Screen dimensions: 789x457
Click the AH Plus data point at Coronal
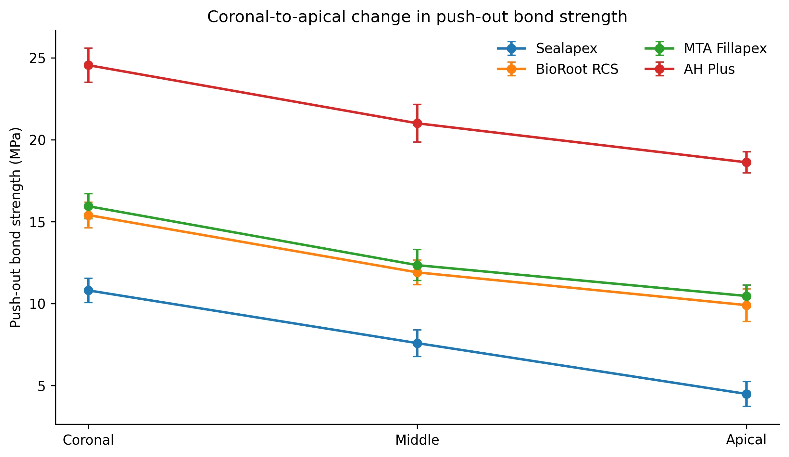(x=88, y=65)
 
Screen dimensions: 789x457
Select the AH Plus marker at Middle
(x=417, y=124)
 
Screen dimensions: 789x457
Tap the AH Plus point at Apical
(x=746, y=162)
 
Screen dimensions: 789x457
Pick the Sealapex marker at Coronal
(x=88, y=290)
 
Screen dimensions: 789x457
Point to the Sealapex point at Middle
(x=417, y=343)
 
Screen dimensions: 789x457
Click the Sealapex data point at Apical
(x=746, y=394)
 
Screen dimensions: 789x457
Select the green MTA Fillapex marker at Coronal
(x=88, y=206)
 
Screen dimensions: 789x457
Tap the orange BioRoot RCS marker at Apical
(x=746, y=305)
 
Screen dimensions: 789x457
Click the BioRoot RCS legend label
(x=577, y=69)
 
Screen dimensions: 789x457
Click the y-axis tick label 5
(x=42, y=386)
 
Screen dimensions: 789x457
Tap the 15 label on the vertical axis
(x=38, y=222)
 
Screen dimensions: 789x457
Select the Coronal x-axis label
(x=88, y=440)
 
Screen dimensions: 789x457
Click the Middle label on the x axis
(x=417, y=440)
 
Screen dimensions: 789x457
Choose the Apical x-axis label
(x=746, y=440)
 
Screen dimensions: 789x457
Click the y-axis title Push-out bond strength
(x=16, y=227)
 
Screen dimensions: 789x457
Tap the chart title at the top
(x=417, y=17)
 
